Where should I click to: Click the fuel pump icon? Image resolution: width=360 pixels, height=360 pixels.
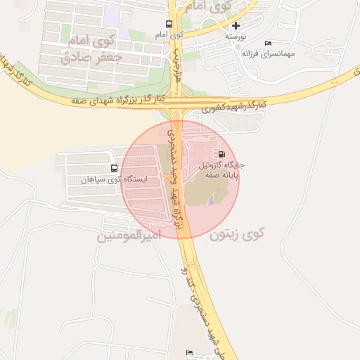pyautogui.click(x=222, y=154)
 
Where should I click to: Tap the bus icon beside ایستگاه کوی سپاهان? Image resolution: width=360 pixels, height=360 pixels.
pyautogui.click(x=114, y=169)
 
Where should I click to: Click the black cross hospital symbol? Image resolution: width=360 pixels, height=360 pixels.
pyautogui.click(x=236, y=25)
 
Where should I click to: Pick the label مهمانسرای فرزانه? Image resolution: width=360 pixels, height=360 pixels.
pyautogui.click(x=268, y=53)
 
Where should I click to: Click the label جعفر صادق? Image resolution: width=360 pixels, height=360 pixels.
pyautogui.click(x=92, y=57)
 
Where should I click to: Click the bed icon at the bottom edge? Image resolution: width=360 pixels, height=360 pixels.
pyautogui.click(x=188, y=352)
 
